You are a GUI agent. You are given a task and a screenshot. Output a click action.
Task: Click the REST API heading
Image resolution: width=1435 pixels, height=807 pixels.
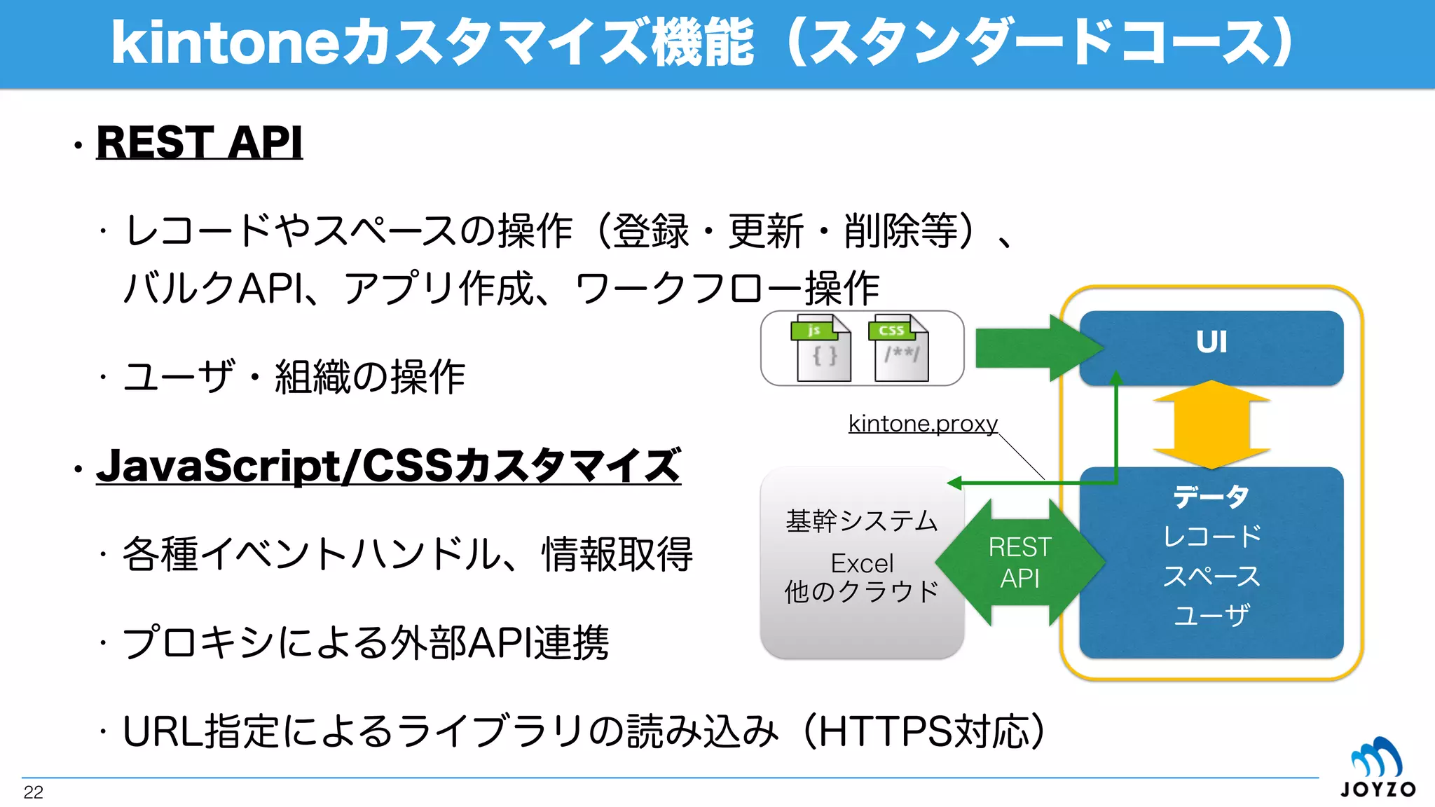tap(199, 142)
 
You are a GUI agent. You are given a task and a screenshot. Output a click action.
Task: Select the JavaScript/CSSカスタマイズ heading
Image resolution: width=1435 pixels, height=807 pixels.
tap(388, 466)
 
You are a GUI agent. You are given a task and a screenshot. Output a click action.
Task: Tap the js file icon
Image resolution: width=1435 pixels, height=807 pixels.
tap(821, 348)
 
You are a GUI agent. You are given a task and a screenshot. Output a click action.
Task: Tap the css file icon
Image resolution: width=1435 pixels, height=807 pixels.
tap(899, 348)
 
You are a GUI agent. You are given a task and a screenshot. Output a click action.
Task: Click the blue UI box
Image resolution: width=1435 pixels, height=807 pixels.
tap(1211, 343)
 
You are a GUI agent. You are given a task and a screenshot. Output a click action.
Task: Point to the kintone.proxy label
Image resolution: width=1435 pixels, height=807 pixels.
tap(923, 423)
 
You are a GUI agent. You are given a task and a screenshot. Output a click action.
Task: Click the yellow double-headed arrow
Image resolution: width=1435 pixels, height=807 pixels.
tap(1211, 425)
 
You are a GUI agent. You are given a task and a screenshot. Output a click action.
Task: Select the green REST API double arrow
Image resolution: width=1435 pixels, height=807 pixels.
tap(1019, 563)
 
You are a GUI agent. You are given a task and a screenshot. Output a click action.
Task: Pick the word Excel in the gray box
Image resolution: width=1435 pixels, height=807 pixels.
tap(862, 563)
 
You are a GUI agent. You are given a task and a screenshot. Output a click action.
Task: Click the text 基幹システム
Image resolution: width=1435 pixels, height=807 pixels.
tap(862, 521)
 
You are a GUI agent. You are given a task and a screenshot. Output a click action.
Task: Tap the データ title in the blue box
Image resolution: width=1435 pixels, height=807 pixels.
tap(1211, 497)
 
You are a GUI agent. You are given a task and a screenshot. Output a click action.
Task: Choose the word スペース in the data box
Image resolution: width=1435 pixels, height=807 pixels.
tap(1211, 577)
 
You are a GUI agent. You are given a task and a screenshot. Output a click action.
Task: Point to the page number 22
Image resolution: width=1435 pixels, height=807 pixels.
tap(33, 792)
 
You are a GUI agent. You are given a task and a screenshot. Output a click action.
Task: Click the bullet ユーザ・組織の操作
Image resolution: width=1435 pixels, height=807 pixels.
tap(294, 377)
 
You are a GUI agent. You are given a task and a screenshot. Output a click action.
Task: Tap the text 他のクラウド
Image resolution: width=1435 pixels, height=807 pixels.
tap(862, 592)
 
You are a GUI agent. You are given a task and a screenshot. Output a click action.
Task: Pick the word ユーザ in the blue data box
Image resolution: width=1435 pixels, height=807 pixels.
tap(1211, 616)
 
